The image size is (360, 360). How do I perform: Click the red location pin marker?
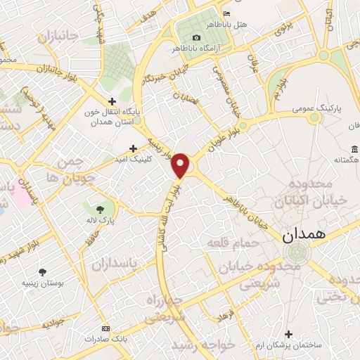click(181, 165)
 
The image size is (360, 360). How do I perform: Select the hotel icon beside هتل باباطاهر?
click(226, 14)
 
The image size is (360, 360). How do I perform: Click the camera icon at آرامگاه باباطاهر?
click(196, 37)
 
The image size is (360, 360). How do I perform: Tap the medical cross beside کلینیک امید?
click(132, 148)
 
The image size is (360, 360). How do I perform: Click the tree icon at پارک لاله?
click(98, 208)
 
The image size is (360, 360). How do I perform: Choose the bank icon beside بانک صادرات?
click(105, 328)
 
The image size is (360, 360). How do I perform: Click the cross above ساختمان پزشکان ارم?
click(288, 334)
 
